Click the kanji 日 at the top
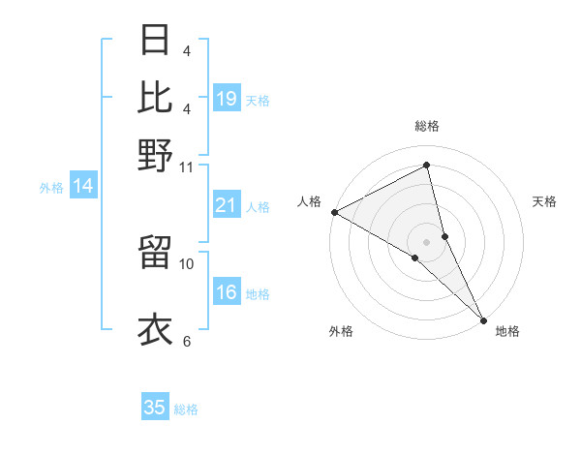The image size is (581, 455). coord(156,42)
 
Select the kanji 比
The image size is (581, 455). coord(156,97)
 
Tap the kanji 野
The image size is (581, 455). coord(156,155)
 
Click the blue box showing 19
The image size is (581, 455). coord(227,98)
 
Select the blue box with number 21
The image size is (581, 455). coord(227,205)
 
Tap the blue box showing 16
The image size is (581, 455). coord(227,292)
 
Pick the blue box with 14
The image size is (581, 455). coord(83,186)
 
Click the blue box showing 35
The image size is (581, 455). coord(155,408)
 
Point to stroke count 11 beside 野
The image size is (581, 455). coord(187,167)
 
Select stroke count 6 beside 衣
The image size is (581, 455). coord(187,341)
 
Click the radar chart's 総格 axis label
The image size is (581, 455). coord(426,126)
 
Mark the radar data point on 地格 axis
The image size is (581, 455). coord(482,318)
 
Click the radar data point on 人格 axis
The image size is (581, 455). coord(334,212)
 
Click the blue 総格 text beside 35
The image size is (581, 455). coord(187,409)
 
